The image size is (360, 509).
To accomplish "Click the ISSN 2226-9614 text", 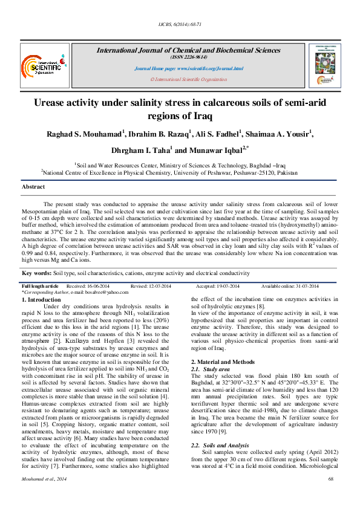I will point(188,56).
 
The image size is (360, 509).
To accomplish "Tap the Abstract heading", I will point(33,187).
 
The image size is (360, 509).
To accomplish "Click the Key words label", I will point(36,273).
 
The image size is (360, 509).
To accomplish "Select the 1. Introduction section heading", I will point(41,299).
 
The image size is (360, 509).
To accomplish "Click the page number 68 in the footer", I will point(331,495).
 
